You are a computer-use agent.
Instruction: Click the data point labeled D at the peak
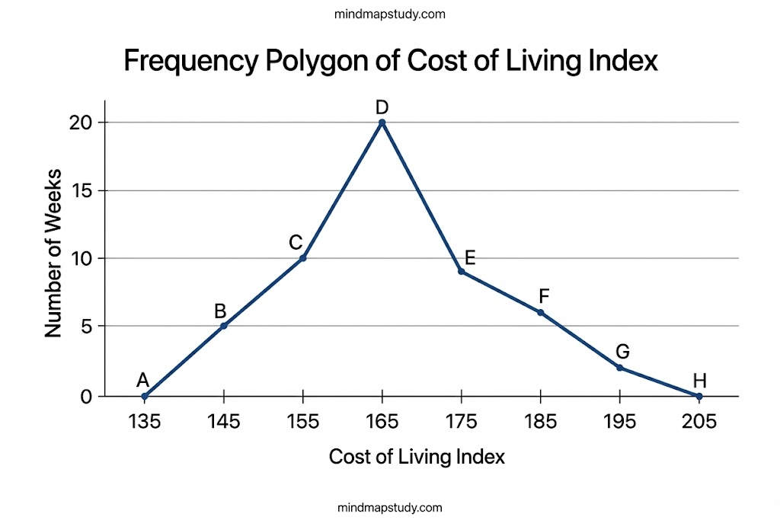tap(382, 123)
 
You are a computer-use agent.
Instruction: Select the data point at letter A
tap(145, 396)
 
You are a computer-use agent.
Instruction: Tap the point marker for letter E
tap(461, 271)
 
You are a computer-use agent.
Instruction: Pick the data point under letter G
tap(619, 368)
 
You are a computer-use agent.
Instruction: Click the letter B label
tap(220, 311)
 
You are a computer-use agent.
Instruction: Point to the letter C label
tap(296, 243)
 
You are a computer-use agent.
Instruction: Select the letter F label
tap(543, 296)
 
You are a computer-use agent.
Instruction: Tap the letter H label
tap(699, 380)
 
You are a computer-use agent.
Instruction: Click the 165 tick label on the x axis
tap(382, 421)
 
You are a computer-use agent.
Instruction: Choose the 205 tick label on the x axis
tap(698, 421)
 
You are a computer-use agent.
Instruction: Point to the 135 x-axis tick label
tap(144, 421)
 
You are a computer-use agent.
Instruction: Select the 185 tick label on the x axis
tap(540, 421)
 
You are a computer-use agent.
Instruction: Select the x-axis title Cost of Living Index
tap(417, 458)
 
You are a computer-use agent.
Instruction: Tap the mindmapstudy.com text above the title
tap(389, 14)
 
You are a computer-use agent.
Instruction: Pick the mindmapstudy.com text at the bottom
tap(389, 507)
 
